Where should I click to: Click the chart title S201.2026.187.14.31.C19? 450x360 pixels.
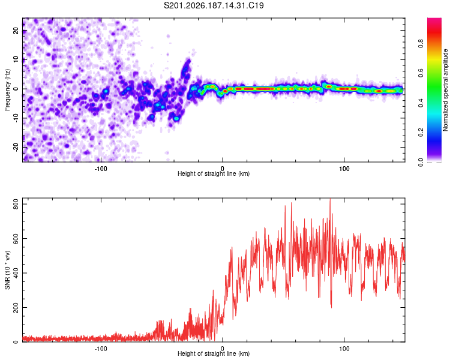[x=214, y=5]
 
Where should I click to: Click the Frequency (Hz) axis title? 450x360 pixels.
[x=7, y=90]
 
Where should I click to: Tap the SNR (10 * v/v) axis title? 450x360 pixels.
[x=7, y=270]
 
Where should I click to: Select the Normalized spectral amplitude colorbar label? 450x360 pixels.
[x=445, y=90]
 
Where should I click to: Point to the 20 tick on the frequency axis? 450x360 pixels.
[x=16, y=30]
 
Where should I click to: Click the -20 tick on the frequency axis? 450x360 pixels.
[x=16, y=147]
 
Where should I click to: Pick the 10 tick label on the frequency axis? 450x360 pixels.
[x=16, y=59]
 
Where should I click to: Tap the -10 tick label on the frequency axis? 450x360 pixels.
[x=16, y=118]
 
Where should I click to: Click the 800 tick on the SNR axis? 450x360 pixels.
[x=16, y=204]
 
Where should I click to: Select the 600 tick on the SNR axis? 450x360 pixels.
[x=16, y=239]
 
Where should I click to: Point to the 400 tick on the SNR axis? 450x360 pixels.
[x=16, y=273]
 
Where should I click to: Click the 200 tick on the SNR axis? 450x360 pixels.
[x=16, y=307]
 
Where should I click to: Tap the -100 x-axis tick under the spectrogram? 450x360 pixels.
[x=101, y=169]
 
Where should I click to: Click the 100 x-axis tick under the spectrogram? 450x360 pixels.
[x=344, y=169]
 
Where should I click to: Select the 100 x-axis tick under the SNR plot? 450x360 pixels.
[x=344, y=349]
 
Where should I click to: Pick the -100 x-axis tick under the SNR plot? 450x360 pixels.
[x=101, y=349]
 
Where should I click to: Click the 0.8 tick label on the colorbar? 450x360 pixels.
[x=421, y=44]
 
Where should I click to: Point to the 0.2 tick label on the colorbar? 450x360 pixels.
[x=421, y=133]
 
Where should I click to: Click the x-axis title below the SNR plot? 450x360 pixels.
[x=214, y=353]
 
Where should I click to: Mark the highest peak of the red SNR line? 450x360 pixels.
[x=330, y=199]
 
